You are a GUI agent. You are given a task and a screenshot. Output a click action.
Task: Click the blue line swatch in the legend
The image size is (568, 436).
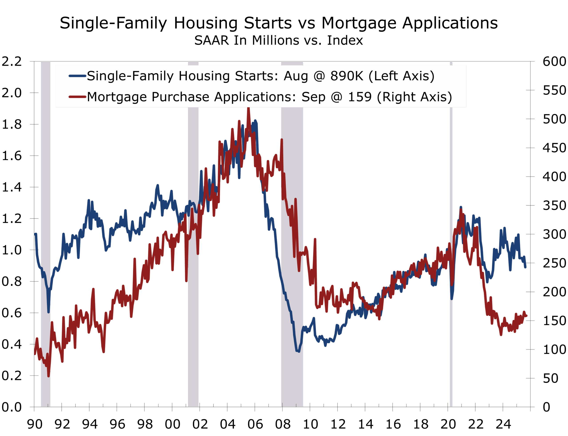(x=77, y=76)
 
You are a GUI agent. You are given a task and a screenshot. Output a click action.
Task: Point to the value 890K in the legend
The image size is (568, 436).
(x=347, y=76)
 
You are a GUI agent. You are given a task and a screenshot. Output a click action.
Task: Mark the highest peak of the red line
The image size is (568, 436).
(x=248, y=109)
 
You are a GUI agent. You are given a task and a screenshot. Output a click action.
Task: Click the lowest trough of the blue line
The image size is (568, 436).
(x=299, y=352)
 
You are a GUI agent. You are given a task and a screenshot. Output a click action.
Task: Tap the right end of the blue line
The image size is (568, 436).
(x=525, y=267)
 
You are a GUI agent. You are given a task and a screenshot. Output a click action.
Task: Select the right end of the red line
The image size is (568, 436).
(x=526, y=316)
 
